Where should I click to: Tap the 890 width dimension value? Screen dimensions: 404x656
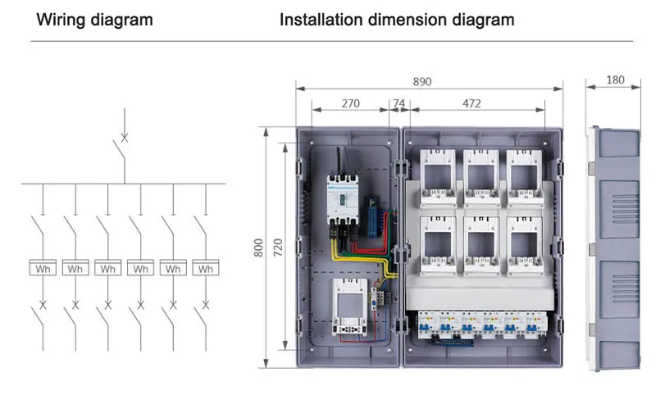(421, 82)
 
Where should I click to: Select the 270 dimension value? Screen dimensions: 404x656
(350, 104)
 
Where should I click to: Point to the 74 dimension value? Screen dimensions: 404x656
(399, 104)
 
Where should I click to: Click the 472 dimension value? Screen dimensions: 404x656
(471, 104)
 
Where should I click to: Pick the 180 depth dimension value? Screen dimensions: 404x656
(615, 80)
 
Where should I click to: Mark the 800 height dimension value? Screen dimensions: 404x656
(259, 247)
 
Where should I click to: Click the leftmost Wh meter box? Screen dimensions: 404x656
(43, 268)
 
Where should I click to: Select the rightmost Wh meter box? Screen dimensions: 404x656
(205, 268)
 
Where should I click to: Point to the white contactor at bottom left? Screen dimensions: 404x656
(349, 308)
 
